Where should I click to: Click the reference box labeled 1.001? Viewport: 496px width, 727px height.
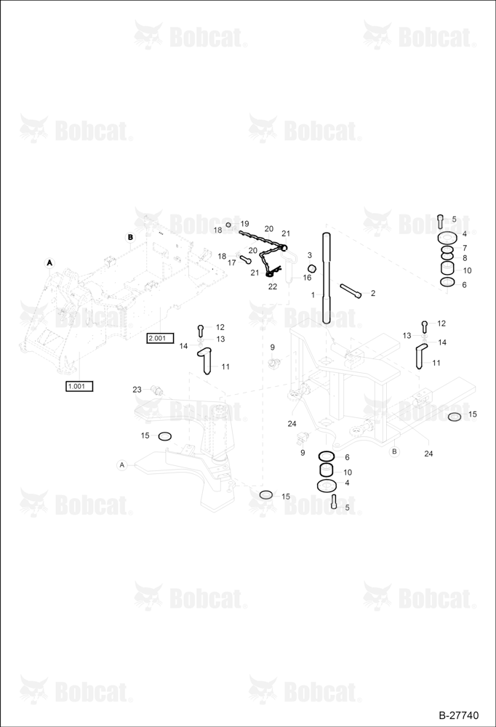79,386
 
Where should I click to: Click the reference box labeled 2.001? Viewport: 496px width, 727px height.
159,338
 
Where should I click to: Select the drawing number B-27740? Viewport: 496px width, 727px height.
458,715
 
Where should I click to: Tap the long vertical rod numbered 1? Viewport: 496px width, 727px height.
326,277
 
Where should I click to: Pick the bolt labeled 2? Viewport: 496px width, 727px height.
351,292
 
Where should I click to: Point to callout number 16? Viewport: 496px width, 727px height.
307,278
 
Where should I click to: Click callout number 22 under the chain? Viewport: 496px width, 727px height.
273,286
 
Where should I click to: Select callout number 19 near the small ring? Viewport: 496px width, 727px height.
244,224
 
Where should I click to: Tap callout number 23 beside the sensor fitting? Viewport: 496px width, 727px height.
137,390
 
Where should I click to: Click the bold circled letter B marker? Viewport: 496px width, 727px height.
130,237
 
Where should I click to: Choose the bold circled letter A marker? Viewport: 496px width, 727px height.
49,263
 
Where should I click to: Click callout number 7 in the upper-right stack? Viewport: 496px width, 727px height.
465,248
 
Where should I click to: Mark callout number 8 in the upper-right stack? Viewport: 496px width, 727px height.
465,258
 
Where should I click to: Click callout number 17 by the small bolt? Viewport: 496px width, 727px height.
232,263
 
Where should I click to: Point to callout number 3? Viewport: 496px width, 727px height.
310,255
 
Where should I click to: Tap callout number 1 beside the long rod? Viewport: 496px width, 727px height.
313,294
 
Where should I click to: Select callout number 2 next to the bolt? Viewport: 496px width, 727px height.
372,293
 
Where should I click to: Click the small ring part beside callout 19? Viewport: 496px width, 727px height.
228,225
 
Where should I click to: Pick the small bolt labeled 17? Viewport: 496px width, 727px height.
245,258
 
